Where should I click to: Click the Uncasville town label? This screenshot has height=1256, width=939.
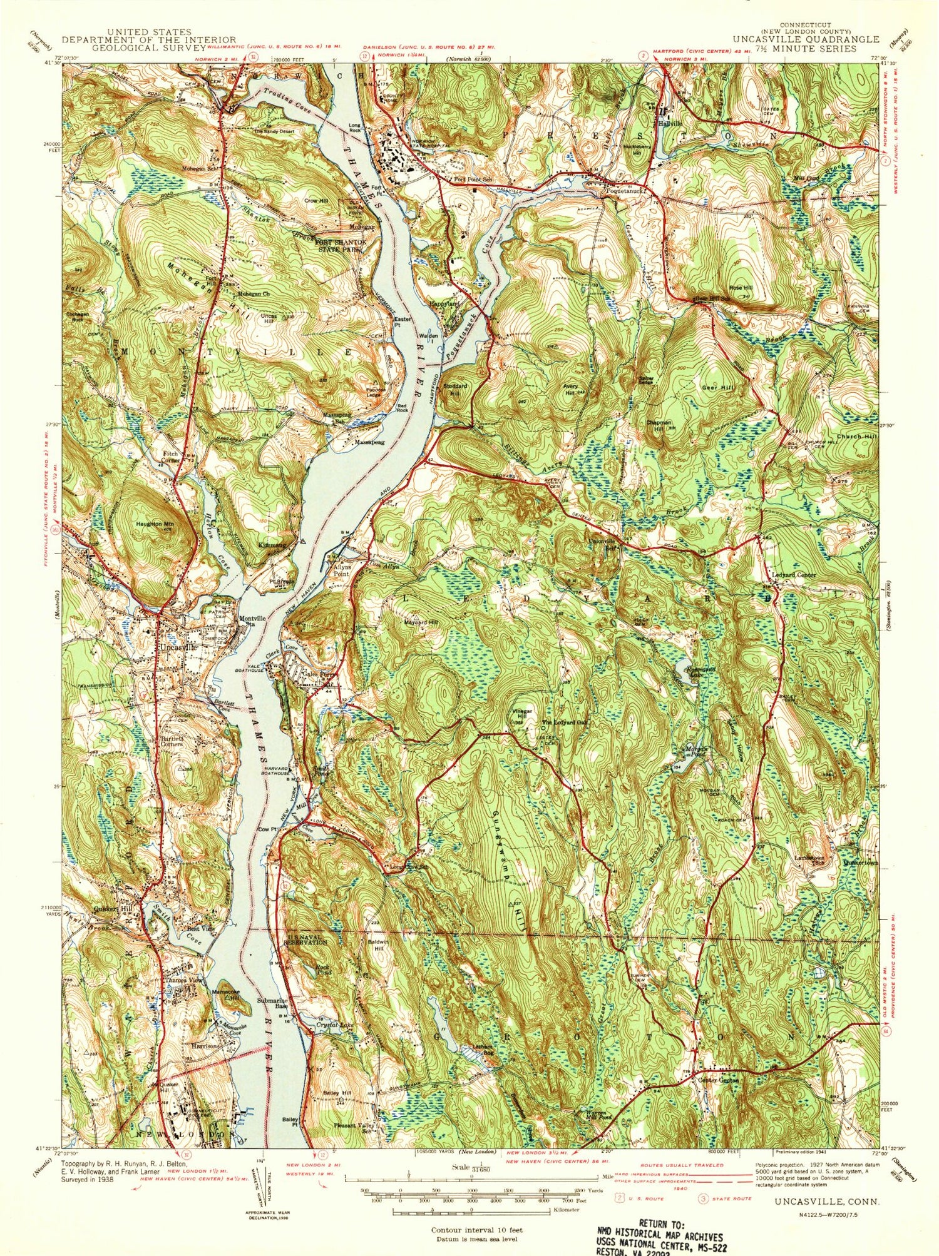178,647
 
